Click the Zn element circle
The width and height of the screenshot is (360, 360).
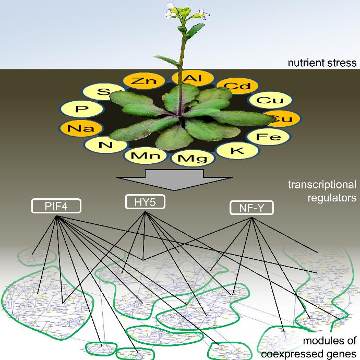coord(140,81)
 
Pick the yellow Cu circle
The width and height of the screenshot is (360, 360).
coord(266,100)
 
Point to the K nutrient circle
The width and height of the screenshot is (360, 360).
coord(237,150)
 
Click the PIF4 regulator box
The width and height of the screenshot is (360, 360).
coord(56,207)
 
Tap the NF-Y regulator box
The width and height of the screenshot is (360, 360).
coord(251,209)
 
